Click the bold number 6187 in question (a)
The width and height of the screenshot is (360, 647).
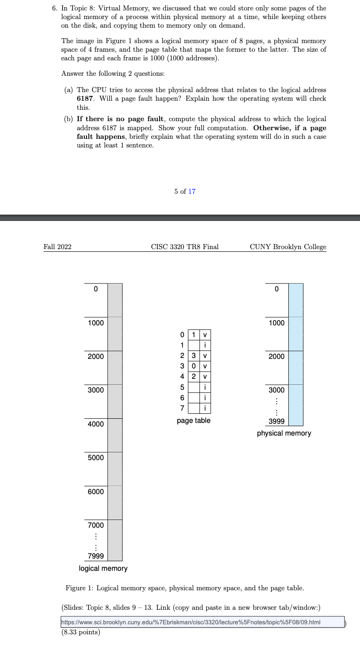coord(85,98)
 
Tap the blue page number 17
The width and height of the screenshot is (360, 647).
coord(192,191)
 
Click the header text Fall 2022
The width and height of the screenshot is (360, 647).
coord(58,247)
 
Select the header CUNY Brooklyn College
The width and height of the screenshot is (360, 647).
coord(288,247)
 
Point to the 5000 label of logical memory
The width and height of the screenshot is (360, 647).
coord(96,457)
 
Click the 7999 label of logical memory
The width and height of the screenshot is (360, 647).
coord(96,556)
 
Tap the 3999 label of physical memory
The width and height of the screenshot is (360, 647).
coord(277,421)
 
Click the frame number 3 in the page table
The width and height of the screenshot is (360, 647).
coord(194,356)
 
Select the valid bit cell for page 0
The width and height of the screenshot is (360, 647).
coord(205,335)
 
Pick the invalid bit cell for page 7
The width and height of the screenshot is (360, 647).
coord(205,408)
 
